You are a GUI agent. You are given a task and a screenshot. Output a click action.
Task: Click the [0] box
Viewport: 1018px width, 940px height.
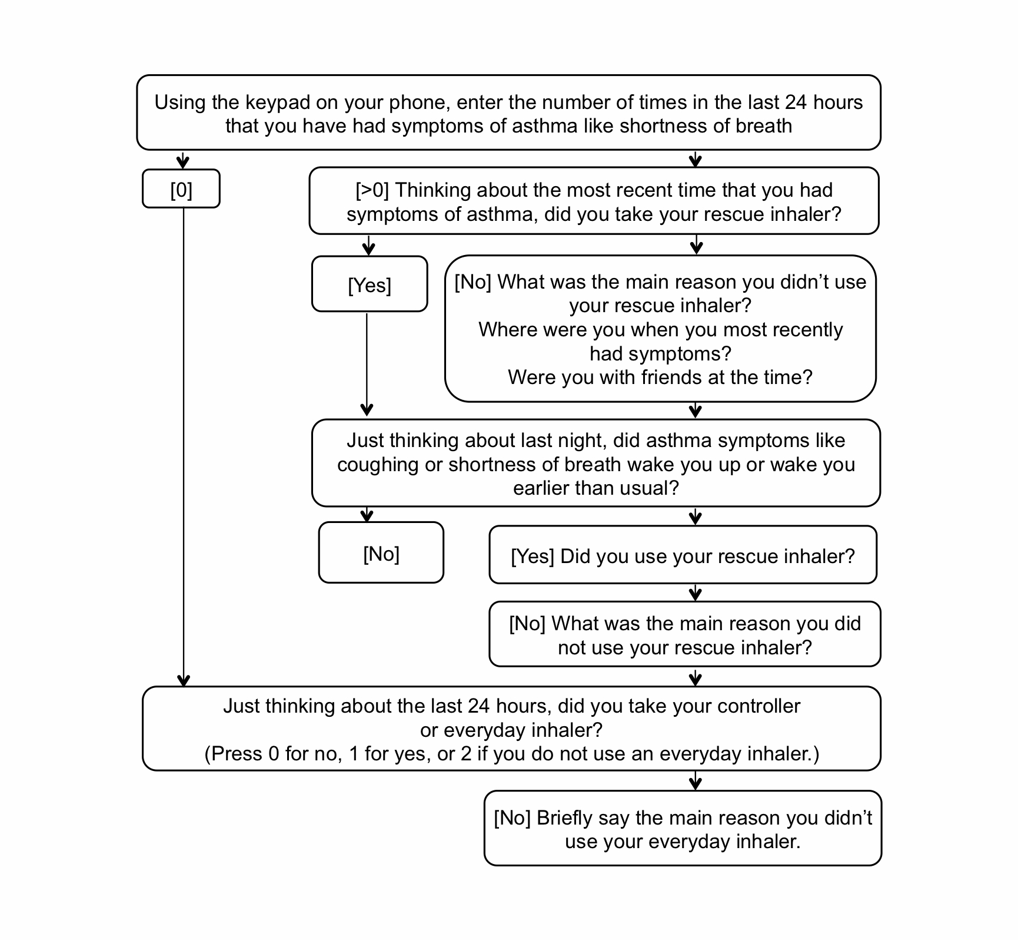[181, 189]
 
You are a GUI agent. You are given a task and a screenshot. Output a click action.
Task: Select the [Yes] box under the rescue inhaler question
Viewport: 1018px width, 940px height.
[370, 285]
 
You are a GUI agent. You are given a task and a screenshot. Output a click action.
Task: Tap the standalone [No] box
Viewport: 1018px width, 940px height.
[381, 553]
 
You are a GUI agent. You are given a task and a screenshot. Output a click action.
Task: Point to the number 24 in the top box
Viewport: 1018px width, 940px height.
[796, 102]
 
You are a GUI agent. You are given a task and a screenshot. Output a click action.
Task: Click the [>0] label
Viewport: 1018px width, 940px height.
[372, 190]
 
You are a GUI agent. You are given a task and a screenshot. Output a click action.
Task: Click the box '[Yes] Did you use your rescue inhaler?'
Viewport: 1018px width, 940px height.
[683, 556]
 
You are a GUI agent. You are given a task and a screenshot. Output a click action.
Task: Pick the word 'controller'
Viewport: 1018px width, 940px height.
[760, 706]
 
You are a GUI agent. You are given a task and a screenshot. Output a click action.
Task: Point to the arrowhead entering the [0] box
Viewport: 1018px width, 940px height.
[183, 163]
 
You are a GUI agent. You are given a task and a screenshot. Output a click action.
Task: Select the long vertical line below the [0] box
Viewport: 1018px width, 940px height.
[184, 442]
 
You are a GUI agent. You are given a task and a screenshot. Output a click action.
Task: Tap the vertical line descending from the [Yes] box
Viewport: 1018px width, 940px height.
[367, 359]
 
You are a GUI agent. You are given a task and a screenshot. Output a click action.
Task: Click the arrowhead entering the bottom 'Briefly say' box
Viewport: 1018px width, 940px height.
[696, 784]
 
